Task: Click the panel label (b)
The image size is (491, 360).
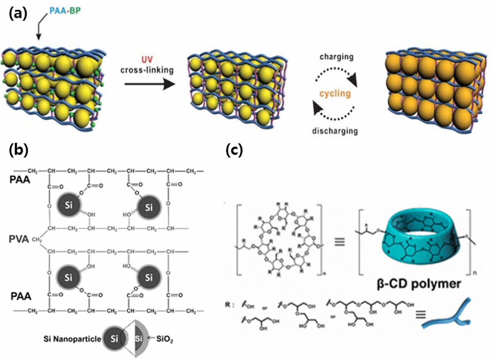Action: (x=18, y=150)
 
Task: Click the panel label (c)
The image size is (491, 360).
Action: (x=234, y=150)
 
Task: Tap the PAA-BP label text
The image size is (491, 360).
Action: (x=65, y=11)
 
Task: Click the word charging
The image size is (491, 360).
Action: (x=336, y=57)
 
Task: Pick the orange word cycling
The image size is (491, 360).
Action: (x=335, y=93)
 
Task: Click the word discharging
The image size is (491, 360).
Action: (x=335, y=131)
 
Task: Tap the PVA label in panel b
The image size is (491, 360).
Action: (x=19, y=239)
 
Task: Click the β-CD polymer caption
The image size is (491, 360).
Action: (x=418, y=283)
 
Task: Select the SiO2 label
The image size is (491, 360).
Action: (x=165, y=339)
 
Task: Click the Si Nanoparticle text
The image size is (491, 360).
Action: (x=72, y=339)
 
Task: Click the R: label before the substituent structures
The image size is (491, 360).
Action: (x=229, y=305)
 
